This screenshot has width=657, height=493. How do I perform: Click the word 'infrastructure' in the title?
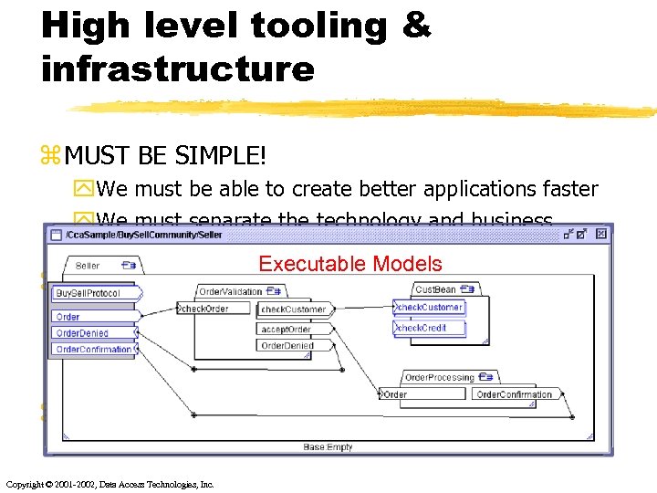[x=178, y=68]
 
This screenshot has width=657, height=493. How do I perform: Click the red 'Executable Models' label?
[x=349, y=265]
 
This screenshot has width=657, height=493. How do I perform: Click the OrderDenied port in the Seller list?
[x=82, y=333]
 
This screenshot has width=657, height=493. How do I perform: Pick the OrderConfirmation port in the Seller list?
[x=93, y=350]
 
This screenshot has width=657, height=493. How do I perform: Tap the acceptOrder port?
[x=287, y=330]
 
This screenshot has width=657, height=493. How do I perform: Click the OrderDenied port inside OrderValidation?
[x=287, y=346]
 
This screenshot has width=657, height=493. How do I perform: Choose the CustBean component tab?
[x=435, y=289]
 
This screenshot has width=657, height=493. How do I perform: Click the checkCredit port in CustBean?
[x=422, y=328]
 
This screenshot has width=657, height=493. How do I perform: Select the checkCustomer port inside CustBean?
[x=429, y=308]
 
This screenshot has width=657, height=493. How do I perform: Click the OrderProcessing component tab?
[x=440, y=377]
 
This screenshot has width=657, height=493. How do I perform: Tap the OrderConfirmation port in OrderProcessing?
[x=514, y=394]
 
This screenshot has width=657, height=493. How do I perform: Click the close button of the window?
[x=601, y=235]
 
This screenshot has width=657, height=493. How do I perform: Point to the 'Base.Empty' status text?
[x=328, y=447]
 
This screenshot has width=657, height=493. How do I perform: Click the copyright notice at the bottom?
[x=109, y=484]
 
